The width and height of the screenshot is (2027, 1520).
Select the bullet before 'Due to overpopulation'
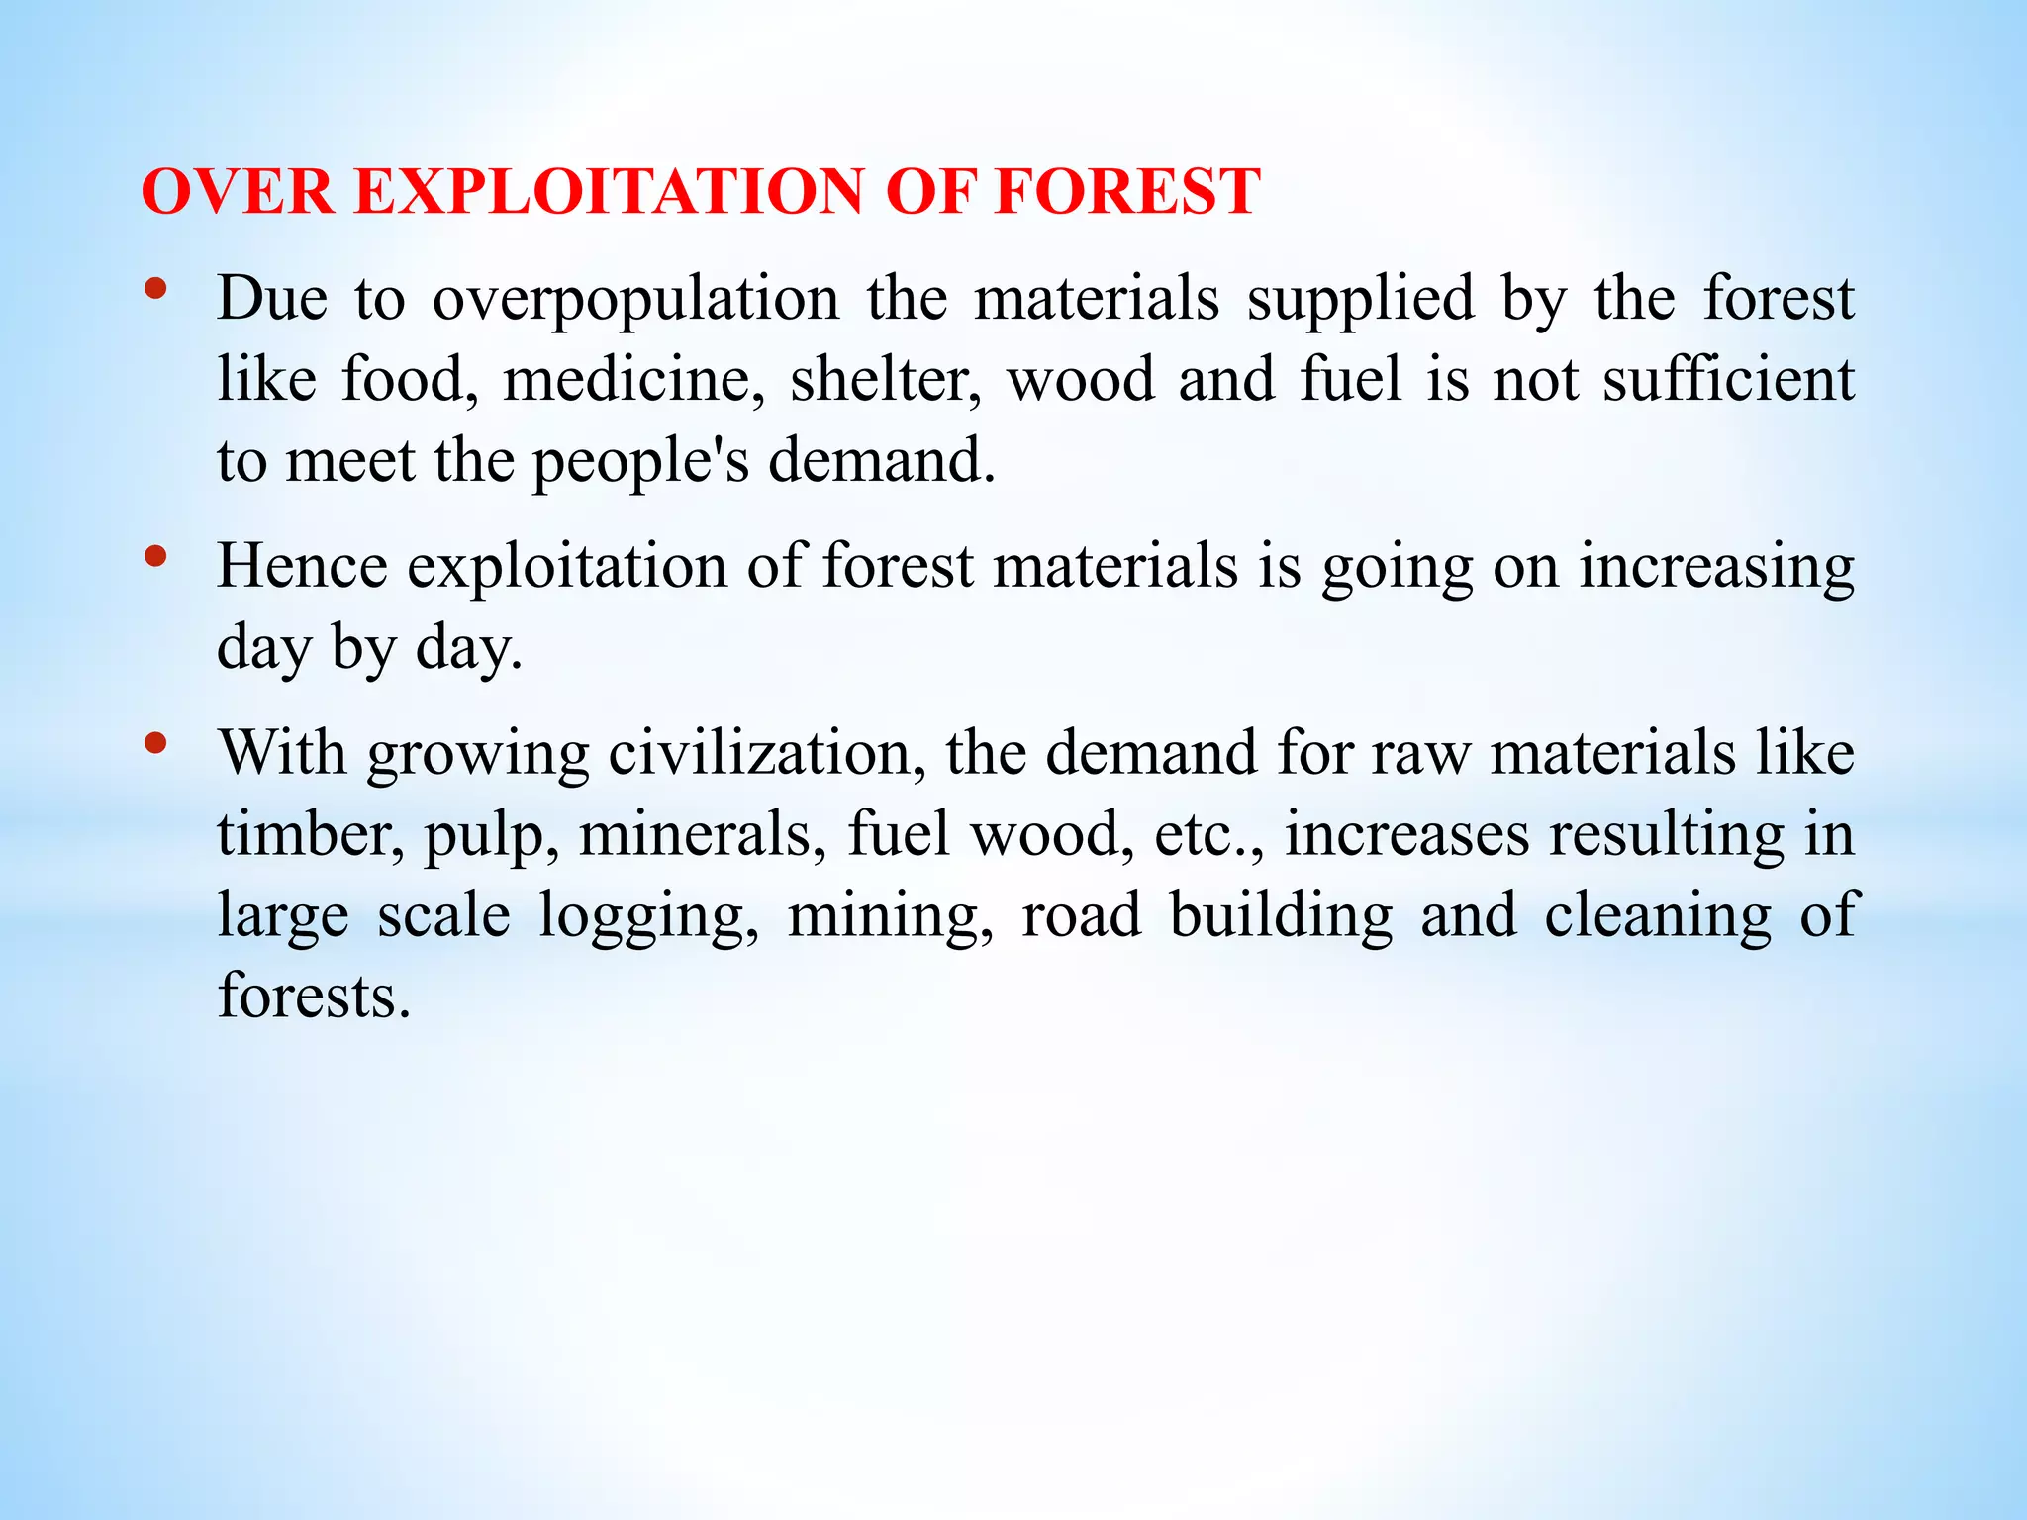point(154,289)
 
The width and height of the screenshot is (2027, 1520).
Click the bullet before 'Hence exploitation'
point(154,557)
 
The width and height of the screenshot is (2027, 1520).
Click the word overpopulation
point(635,299)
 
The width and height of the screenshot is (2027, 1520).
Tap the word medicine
point(633,380)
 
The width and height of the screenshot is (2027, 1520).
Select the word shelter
point(885,380)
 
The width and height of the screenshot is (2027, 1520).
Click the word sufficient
point(1728,380)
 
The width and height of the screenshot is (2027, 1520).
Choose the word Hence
point(302,567)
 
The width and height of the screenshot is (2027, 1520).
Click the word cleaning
point(1658,916)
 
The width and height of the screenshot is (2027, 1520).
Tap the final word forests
point(313,997)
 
